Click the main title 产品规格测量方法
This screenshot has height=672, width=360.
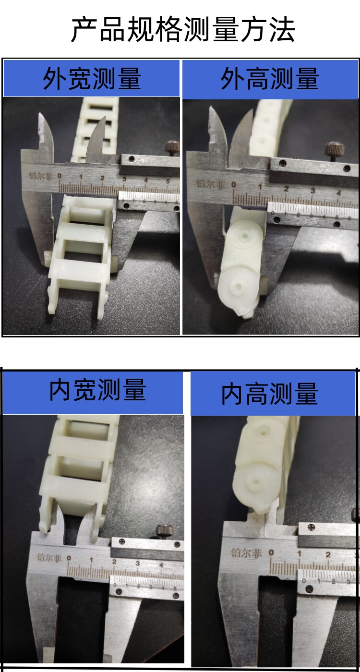coord(183,30)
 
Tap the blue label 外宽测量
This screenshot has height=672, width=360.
coord(92,79)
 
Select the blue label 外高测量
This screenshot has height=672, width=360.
coord(270,79)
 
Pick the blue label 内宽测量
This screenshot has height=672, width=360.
coord(97,390)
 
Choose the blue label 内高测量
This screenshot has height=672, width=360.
coord(270,394)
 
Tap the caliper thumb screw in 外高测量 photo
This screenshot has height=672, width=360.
coord(333,151)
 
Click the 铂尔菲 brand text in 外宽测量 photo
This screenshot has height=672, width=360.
coord(40,176)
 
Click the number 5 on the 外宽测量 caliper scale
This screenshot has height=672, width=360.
coord(168,181)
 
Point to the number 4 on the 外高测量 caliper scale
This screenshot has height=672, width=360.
coord(339,192)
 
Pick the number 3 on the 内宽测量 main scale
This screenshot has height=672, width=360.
coord(138,564)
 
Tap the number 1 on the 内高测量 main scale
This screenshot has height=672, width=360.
coord(300,554)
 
